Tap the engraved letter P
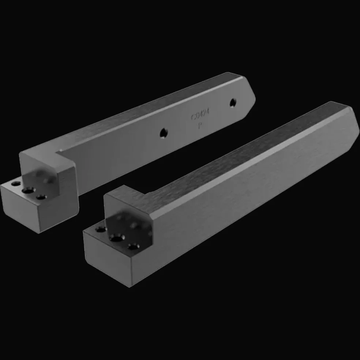coord(200,126)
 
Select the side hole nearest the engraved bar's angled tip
coord(232,103)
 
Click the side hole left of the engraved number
coord(164,132)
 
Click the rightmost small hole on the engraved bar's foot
coord(41,197)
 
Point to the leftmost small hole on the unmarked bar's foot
coord(100,230)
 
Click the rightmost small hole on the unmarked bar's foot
coord(133,247)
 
